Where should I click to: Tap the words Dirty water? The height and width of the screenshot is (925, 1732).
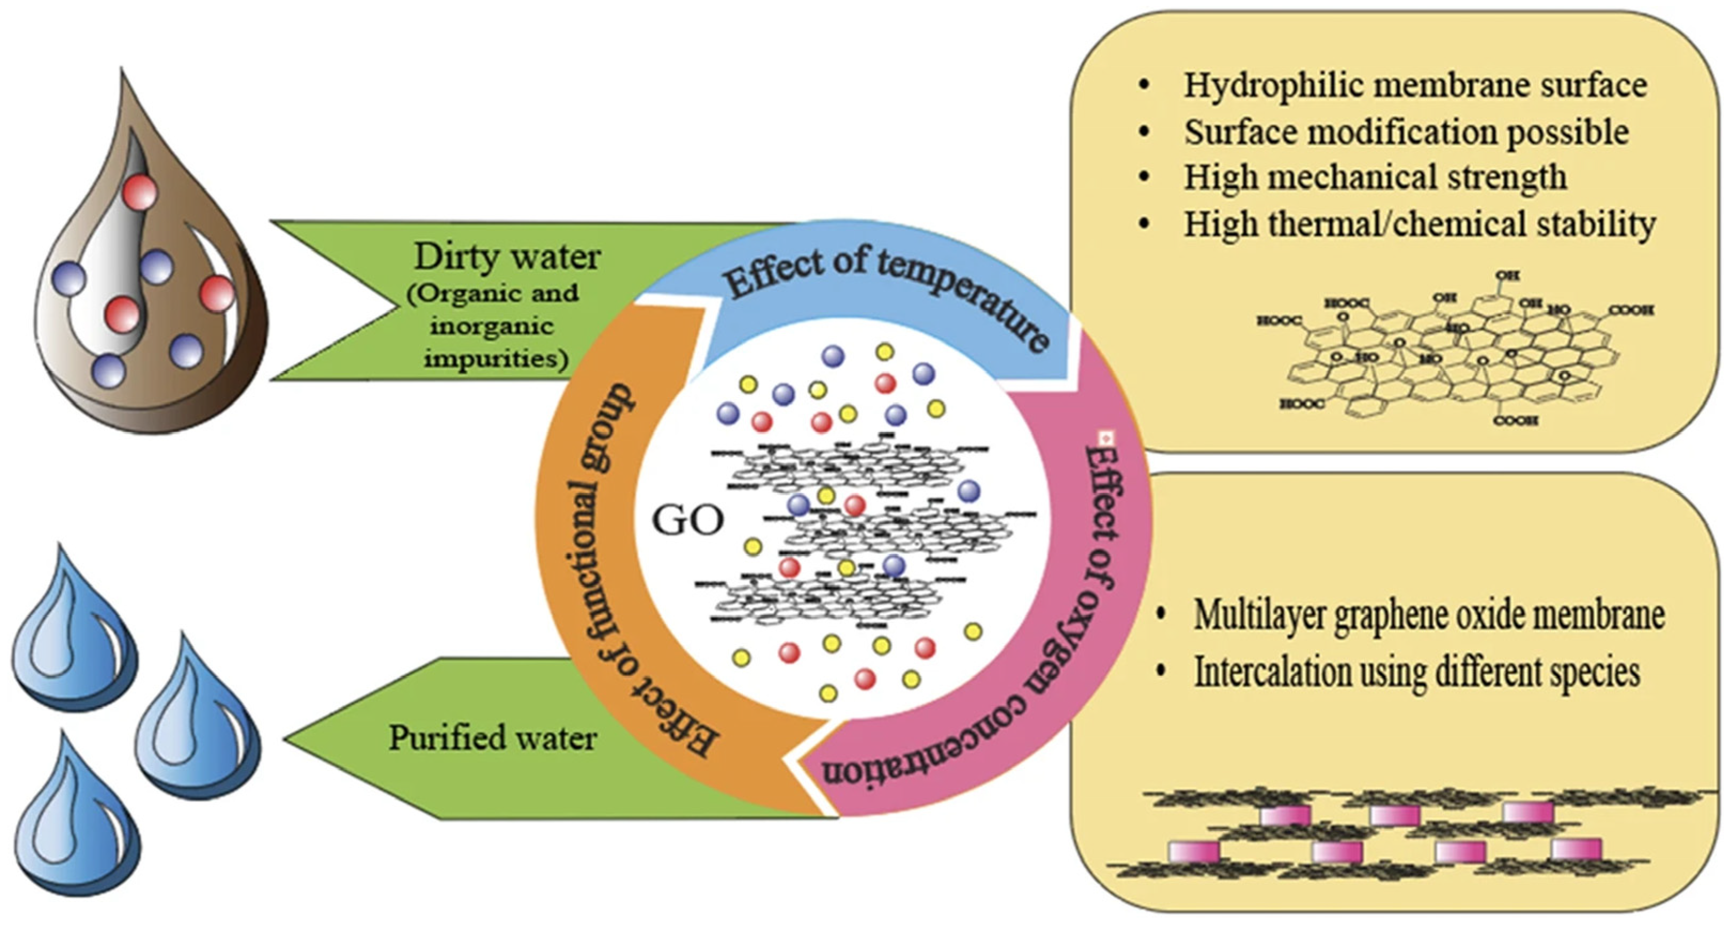507,257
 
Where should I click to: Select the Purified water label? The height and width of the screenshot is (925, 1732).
493,738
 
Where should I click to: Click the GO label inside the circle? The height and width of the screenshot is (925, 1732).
688,520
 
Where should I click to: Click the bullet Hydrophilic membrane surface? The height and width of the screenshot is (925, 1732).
1415,85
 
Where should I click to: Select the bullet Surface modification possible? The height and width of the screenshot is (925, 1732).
1406,132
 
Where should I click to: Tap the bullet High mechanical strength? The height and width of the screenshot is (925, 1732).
1375,177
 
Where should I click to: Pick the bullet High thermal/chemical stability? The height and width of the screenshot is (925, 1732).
1418,224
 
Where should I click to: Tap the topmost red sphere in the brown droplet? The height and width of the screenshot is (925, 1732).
140,193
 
